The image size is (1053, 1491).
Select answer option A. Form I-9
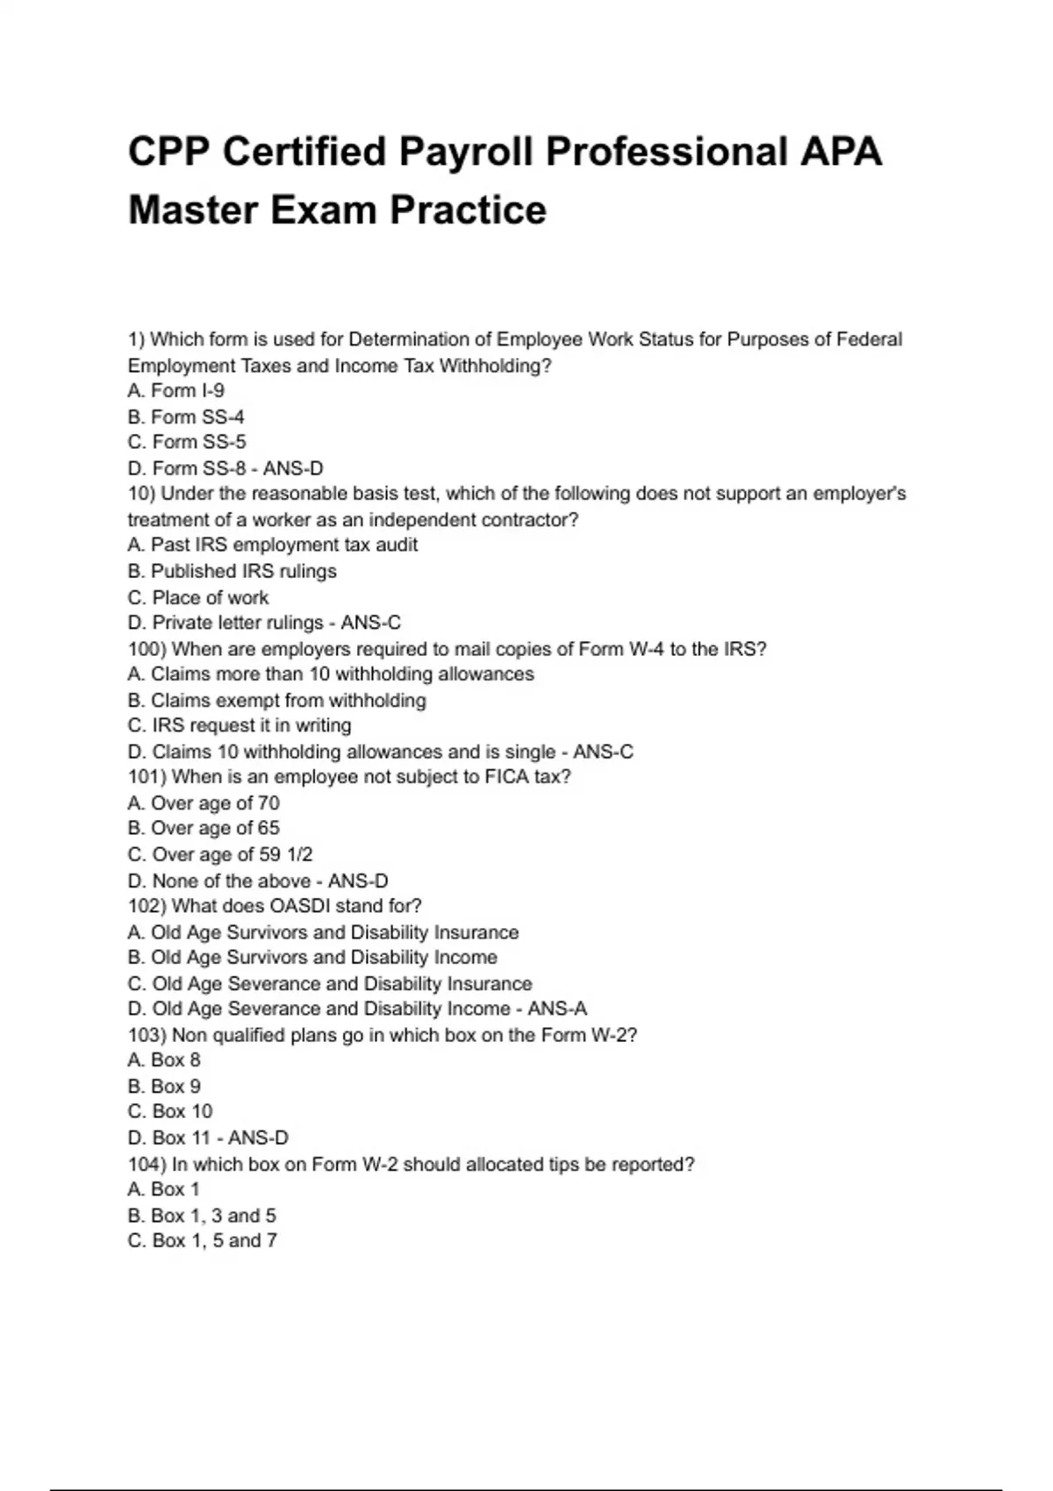coord(176,390)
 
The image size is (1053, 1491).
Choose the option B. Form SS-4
coord(186,417)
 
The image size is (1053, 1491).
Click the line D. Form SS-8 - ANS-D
coord(226,468)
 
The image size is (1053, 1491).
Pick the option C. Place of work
coord(198,597)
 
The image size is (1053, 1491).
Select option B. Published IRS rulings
coord(233,571)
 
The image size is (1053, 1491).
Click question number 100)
coord(147,649)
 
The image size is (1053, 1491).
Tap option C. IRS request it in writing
coord(240,725)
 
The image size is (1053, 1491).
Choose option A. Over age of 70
coord(204,803)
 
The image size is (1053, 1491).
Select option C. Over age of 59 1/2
coord(220,854)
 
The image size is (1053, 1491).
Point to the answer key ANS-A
coord(557,1009)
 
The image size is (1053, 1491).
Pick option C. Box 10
coord(170,1111)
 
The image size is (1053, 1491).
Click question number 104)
coord(147,1165)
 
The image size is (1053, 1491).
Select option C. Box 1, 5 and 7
coord(203,1240)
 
